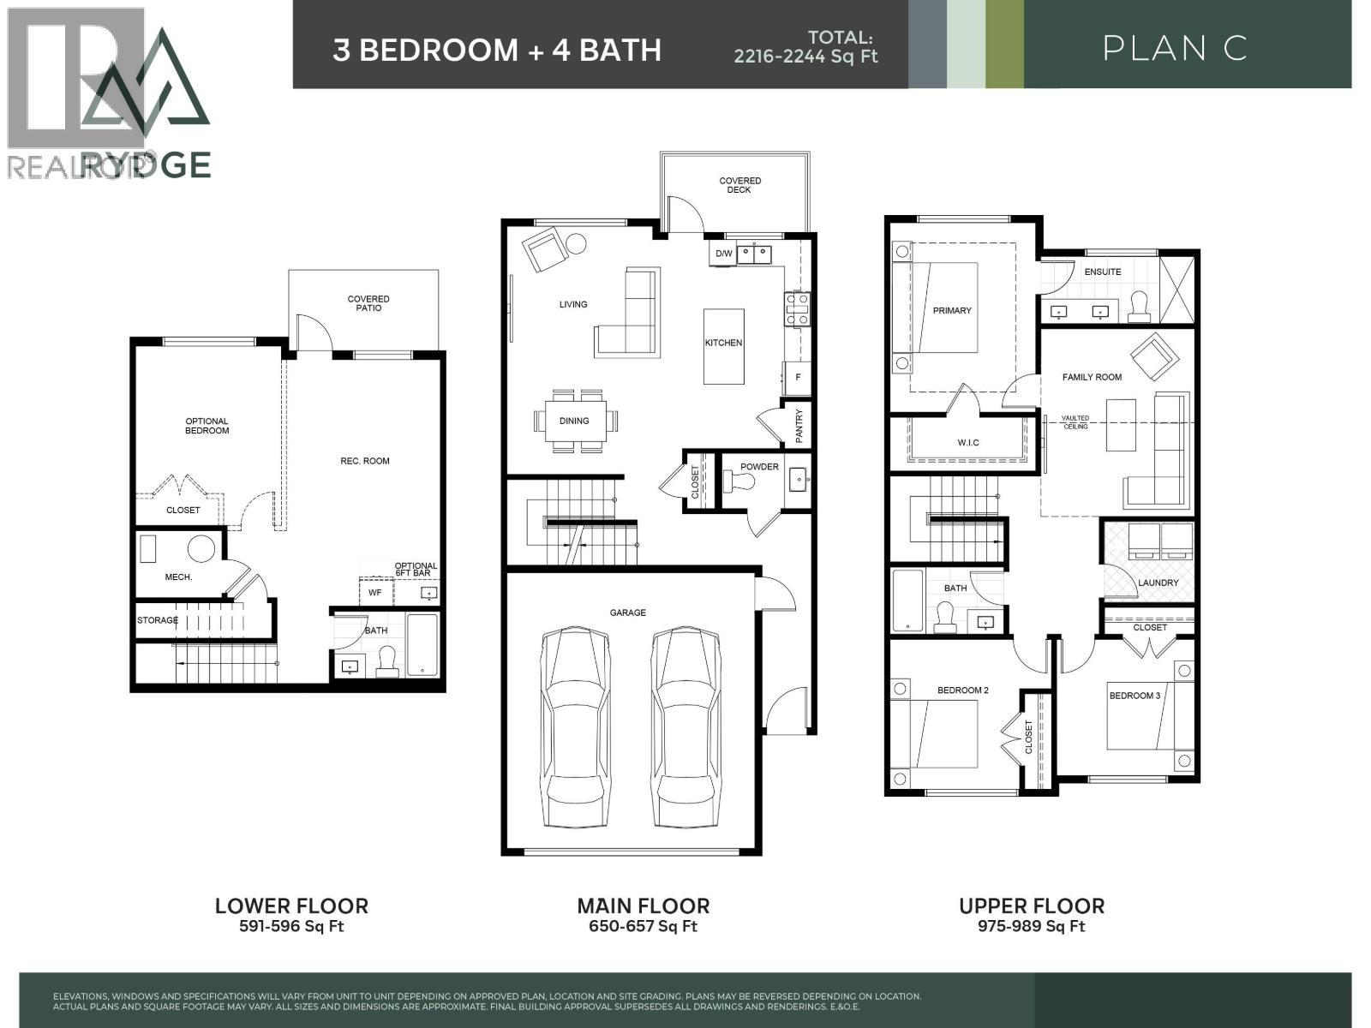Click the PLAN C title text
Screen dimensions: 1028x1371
point(1173,48)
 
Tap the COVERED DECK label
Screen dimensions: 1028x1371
point(739,185)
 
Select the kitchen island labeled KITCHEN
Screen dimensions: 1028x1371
point(723,346)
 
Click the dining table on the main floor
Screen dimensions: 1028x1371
point(575,421)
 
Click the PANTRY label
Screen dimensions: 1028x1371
point(799,426)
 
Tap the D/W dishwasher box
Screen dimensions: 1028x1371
point(723,254)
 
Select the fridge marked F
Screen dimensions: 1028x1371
point(797,377)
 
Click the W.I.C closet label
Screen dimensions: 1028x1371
point(968,442)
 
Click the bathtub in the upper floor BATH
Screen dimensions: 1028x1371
point(907,600)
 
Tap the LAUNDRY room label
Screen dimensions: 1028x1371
point(1158,583)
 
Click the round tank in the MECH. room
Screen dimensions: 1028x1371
point(202,549)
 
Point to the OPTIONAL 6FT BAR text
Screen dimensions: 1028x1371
point(416,570)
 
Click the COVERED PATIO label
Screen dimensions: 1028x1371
point(368,303)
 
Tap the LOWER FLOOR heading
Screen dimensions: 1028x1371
point(291,905)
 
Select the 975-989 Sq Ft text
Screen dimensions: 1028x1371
point(1031,926)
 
